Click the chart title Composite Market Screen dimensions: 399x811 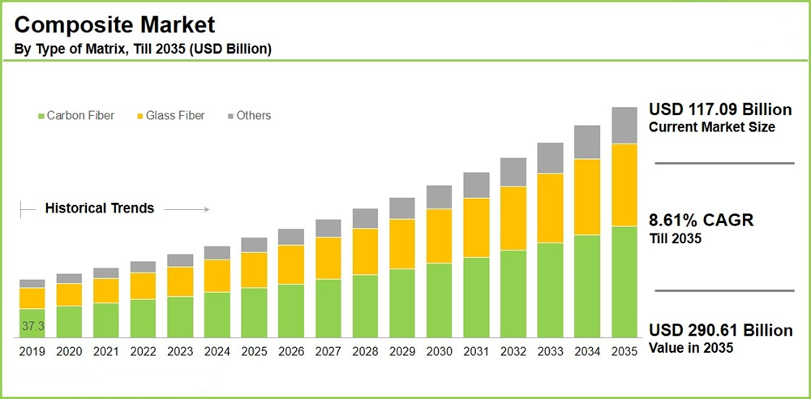[x=115, y=24]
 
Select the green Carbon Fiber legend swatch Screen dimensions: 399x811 [x=41, y=116]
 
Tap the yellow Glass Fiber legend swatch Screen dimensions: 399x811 [x=139, y=116]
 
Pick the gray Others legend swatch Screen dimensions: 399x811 [x=230, y=116]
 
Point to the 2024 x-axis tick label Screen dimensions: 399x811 [x=217, y=352]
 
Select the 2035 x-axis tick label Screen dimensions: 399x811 [x=624, y=352]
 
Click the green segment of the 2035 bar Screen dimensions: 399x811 [x=624, y=281]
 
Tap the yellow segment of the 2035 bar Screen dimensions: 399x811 [x=624, y=185]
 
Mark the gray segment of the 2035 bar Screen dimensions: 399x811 [x=624, y=126]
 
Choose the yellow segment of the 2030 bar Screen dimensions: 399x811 [x=439, y=236]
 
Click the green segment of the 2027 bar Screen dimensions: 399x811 [x=328, y=308]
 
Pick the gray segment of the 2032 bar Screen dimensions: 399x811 [x=513, y=172]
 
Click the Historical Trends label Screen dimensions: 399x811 [x=99, y=208]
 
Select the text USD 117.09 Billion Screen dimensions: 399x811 [x=720, y=110]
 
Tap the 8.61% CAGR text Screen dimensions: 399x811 [x=702, y=221]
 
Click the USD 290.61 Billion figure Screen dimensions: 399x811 [x=721, y=331]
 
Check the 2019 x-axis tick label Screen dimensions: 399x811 [x=32, y=352]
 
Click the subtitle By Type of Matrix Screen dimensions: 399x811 [x=143, y=49]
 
